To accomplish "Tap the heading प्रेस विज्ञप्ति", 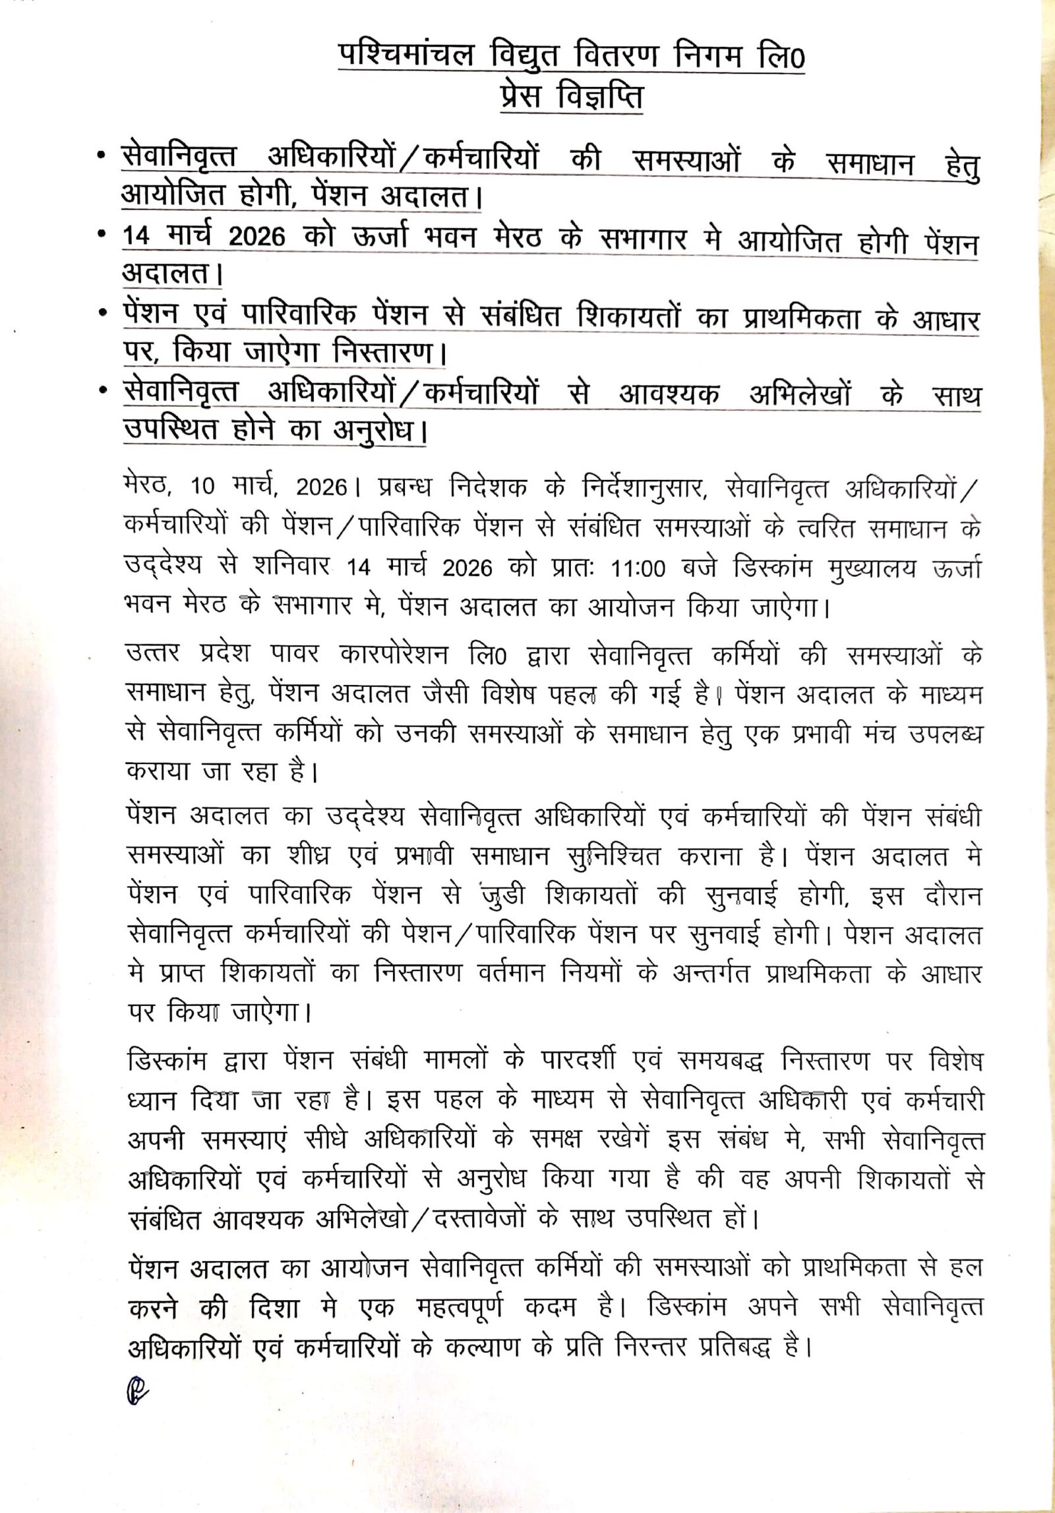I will [x=571, y=98].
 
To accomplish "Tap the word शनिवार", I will [x=293, y=569].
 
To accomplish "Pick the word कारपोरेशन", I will [x=396, y=656].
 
